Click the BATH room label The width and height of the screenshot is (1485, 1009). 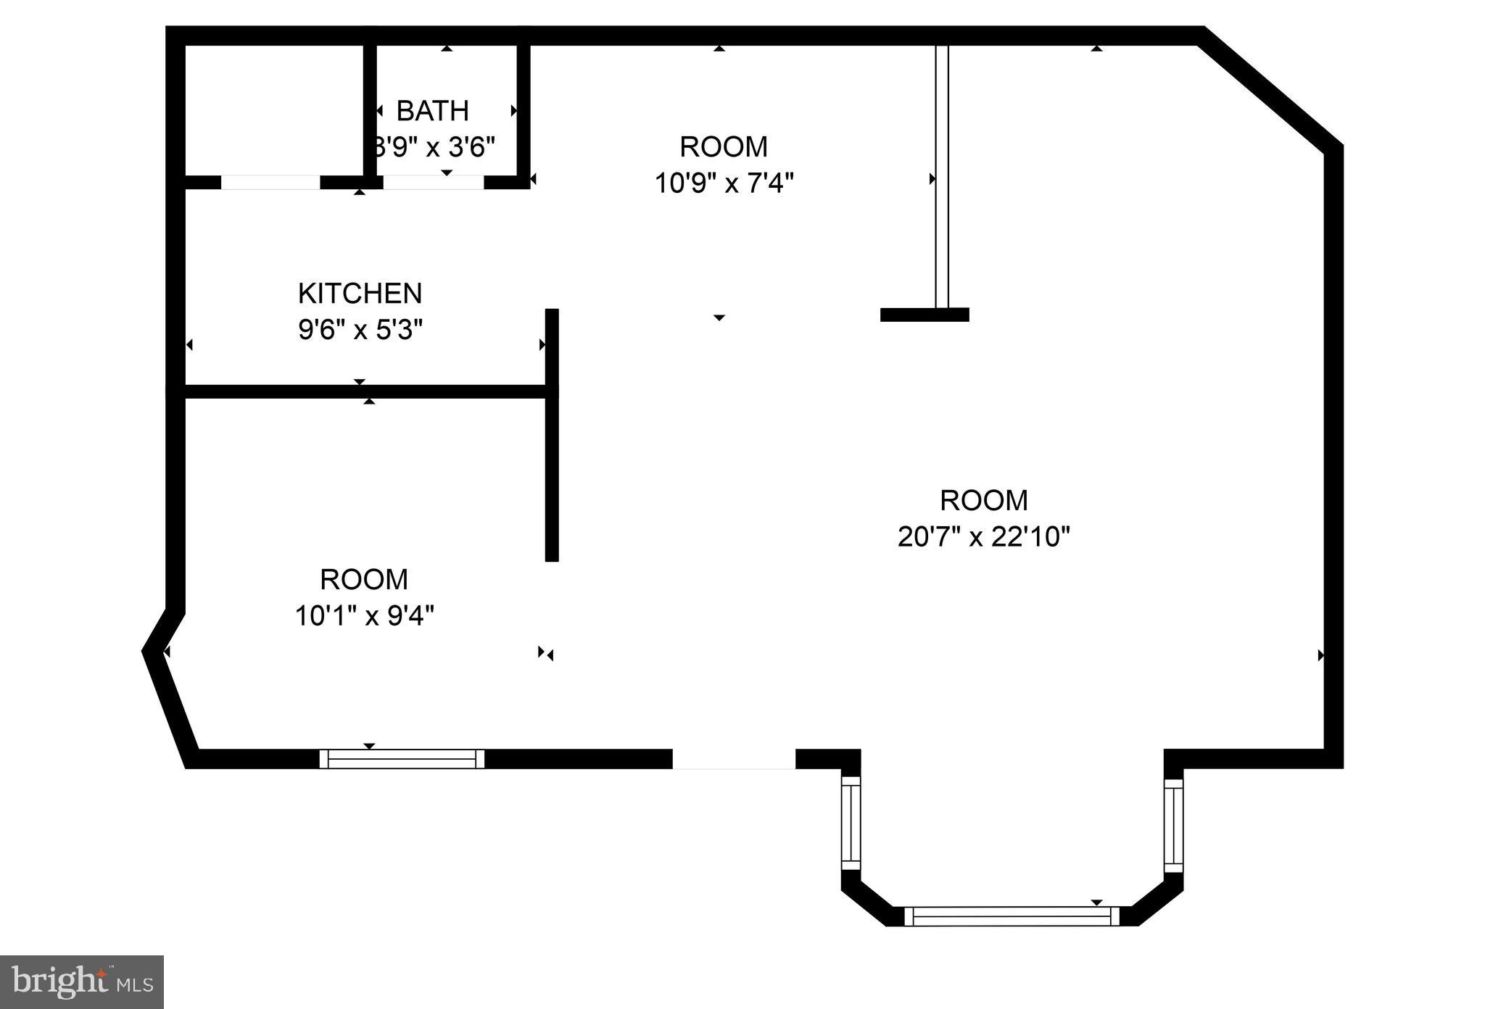pyautogui.click(x=432, y=111)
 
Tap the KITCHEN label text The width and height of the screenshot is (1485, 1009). pyautogui.click(x=360, y=294)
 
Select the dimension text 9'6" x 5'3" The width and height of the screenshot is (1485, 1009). pyautogui.click(x=360, y=331)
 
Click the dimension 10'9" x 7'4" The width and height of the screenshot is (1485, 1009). pyautogui.click(x=724, y=183)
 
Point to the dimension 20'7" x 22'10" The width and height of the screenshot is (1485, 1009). pyautogui.click(x=983, y=537)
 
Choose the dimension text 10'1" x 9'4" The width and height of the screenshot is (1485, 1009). pyautogui.click(x=364, y=616)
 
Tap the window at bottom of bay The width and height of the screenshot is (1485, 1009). pyautogui.click(x=1012, y=917)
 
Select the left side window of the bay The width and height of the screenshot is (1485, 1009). pyautogui.click(x=851, y=823)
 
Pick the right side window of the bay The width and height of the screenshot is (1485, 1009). pyautogui.click(x=1173, y=825)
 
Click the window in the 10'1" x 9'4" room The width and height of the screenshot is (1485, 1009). pyautogui.click(x=402, y=759)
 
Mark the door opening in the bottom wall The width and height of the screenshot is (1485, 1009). pyautogui.click(x=734, y=759)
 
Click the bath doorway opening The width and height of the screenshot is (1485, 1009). pyautogui.click(x=433, y=183)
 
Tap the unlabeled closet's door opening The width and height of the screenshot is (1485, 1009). pyautogui.click(x=270, y=183)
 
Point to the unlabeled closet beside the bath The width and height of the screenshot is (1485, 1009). pyautogui.click(x=274, y=109)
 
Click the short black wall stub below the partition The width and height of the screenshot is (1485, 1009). pyautogui.click(x=924, y=315)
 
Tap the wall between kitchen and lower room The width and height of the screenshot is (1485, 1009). pyautogui.click(x=363, y=391)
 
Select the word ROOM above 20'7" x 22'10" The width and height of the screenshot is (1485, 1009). pyautogui.click(x=983, y=501)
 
